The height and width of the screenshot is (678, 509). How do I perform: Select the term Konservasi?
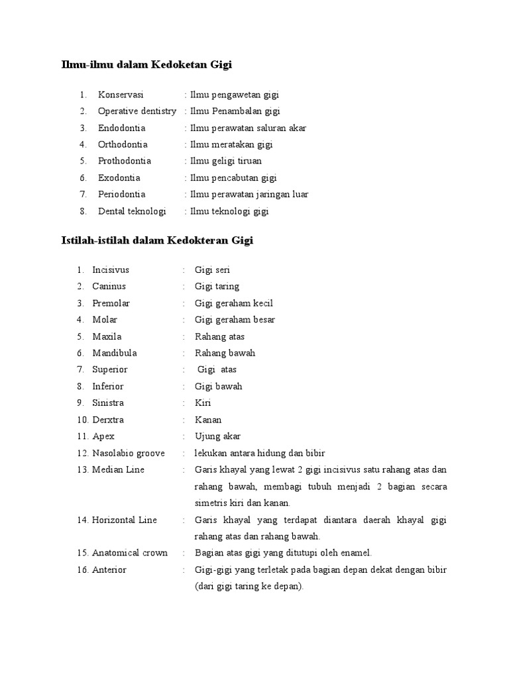pos(121,95)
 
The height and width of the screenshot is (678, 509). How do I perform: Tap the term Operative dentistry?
pos(137,111)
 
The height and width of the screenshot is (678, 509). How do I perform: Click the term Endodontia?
pos(121,128)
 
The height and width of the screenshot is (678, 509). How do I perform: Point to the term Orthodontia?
pos(123,144)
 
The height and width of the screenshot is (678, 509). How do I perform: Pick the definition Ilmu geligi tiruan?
pos(225,161)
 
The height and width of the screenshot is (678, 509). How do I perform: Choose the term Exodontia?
pos(119,177)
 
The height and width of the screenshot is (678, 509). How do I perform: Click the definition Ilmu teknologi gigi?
pos(229,211)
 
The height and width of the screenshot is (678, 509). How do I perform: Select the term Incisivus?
pos(111,270)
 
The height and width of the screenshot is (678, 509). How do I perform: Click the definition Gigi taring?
pos(217,287)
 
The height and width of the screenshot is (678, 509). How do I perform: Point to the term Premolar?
pos(111,303)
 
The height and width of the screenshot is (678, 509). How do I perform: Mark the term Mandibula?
pos(115,353)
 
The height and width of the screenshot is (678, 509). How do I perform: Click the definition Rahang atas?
pos(219,336)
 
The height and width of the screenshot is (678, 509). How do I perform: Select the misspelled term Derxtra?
pos(108,420)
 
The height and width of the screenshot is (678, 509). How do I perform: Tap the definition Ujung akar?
pos(217,436)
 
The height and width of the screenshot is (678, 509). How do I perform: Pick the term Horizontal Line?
pos(125,520)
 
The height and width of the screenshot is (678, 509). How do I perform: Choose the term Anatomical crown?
pos(130,553)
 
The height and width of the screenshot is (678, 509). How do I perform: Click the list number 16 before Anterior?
pos(82,569)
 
